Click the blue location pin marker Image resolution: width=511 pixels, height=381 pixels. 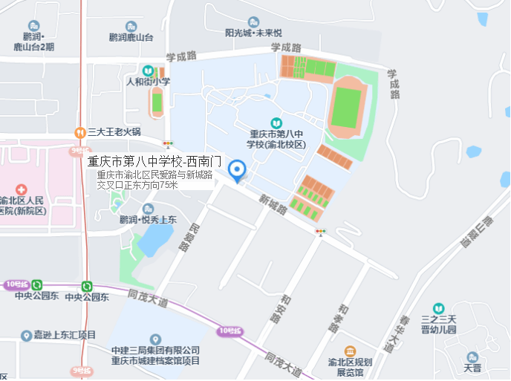pos(237,170)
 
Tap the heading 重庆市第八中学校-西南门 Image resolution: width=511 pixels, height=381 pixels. pos(154,160)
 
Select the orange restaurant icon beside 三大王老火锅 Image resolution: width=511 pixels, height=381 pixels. pos(79,132)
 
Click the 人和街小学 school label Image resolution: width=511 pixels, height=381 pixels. pos(149,82)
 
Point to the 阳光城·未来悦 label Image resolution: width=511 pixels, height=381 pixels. pos(253,33)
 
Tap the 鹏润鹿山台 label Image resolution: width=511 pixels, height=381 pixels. pos(131,37)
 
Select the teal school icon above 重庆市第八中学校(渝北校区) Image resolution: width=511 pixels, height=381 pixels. pos(276,123)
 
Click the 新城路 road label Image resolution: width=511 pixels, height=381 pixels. pos(273,204)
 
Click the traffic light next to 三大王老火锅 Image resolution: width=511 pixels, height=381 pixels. pos(169,143)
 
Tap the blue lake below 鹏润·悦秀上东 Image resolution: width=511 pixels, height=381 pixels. pos(154,239)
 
